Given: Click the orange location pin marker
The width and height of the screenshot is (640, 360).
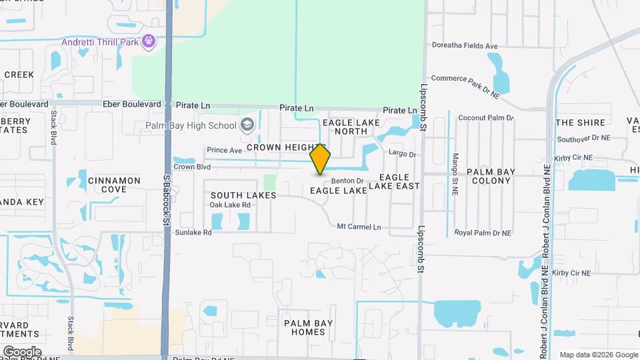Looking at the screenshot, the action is pyautogui.click(x=321, y=159).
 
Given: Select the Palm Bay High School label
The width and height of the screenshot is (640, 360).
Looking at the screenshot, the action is pyautogui.click(x=191, y=125).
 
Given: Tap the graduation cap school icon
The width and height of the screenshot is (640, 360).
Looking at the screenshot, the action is pyautogui.click(x=247, y=125).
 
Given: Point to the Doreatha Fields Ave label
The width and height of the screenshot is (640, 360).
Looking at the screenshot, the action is pyautogui.click(x=465, y=46).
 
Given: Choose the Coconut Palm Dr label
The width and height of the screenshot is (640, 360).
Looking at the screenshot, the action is pyautogui.click(x=486, y=118).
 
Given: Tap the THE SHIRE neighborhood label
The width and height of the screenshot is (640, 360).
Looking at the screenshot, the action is pyautogui.click(x=581, y=123).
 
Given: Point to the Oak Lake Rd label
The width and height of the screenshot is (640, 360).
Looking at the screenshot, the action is pyautogui.click(x=229, y=205).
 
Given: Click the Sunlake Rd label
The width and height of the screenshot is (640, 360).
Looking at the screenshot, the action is pyautogui.click(x=193, y=233).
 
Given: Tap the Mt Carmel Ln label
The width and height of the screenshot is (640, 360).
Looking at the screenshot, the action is pyautogui.click(x=359, y=227).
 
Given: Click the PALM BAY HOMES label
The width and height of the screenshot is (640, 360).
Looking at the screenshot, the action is pyautogui.click(x=304, y=327).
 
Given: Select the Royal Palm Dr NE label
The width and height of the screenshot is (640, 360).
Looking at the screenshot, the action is pyautogui.click(x=483, y=233).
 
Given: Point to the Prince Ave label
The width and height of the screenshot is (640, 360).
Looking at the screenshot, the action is pyautogui.click(x=224, y=150).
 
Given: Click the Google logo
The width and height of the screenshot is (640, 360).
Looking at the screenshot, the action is pyautogui.click(x=22, y=351).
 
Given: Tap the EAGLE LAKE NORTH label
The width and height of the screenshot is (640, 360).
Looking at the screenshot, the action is pyautogui.click(x=351, y=127).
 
